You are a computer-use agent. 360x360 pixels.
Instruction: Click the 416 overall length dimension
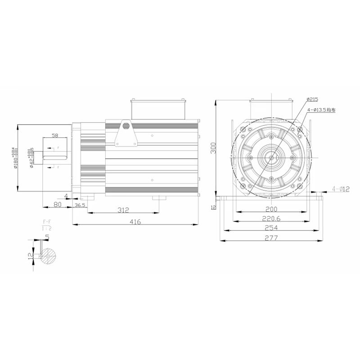click(x=135, y=221)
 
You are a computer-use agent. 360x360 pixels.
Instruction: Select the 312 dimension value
click(x=123, y=210)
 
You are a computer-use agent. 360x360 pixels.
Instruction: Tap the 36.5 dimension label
click(x=80, y=205)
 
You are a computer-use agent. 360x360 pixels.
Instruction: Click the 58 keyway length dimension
click(x=55, y=135)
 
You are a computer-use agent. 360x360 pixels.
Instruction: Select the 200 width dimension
click(x=271, y=209)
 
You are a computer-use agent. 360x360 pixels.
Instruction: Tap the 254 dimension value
click(x=271, y=228)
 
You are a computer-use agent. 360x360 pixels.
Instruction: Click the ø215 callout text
click(x=312, y=99)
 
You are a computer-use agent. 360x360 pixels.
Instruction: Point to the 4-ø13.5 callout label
click(x=321, y=109)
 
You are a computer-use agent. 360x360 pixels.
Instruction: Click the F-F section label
click(x=46, y=222)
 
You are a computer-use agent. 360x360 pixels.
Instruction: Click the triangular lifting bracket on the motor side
click(x=126, y=135)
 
